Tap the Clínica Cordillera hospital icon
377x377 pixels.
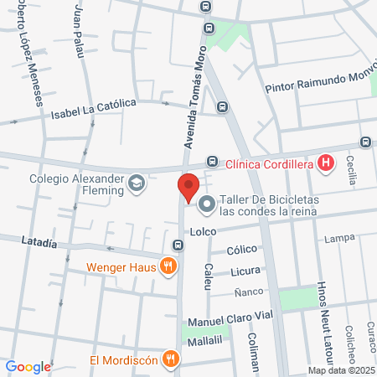point(327,163)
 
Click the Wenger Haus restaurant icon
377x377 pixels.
point(168,268)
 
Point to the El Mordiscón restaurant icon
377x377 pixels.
point(171,360)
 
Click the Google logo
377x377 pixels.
point(28,366)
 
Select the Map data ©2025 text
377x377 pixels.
point(340,370)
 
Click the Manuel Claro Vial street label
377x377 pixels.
point(231,321)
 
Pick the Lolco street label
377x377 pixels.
point(204,231)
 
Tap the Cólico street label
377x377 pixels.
point(241,250)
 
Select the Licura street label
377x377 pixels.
point(245,271)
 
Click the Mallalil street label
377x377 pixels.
point(204,341)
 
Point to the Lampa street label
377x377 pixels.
point(340,239)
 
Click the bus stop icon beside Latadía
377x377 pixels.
point(178,245)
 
